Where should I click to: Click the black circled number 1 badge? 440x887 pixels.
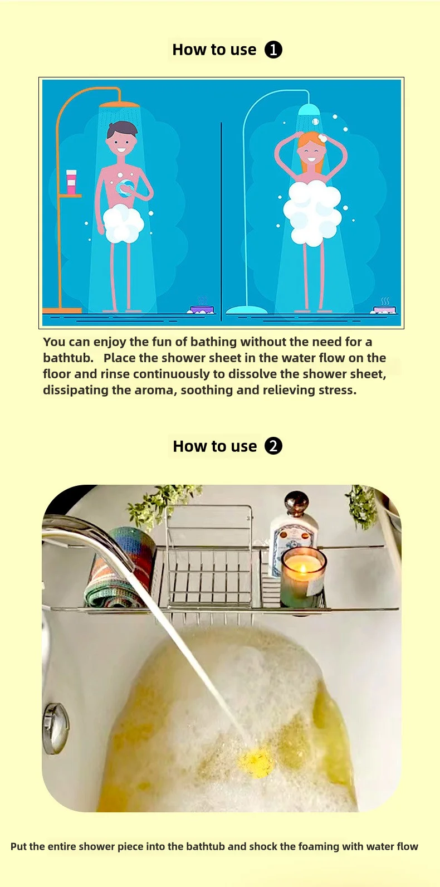pos(273,50)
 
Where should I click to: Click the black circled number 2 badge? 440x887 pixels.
pos(273,446)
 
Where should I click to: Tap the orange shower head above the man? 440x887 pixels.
pos(119,105)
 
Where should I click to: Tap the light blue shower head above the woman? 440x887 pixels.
pos(310,109)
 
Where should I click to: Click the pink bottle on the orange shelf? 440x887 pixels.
pos(71,182)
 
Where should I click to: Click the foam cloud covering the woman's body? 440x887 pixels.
pos(312,212)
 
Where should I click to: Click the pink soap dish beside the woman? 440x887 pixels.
pos(385,309)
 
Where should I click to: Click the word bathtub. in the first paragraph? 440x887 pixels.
pos(68,358)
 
